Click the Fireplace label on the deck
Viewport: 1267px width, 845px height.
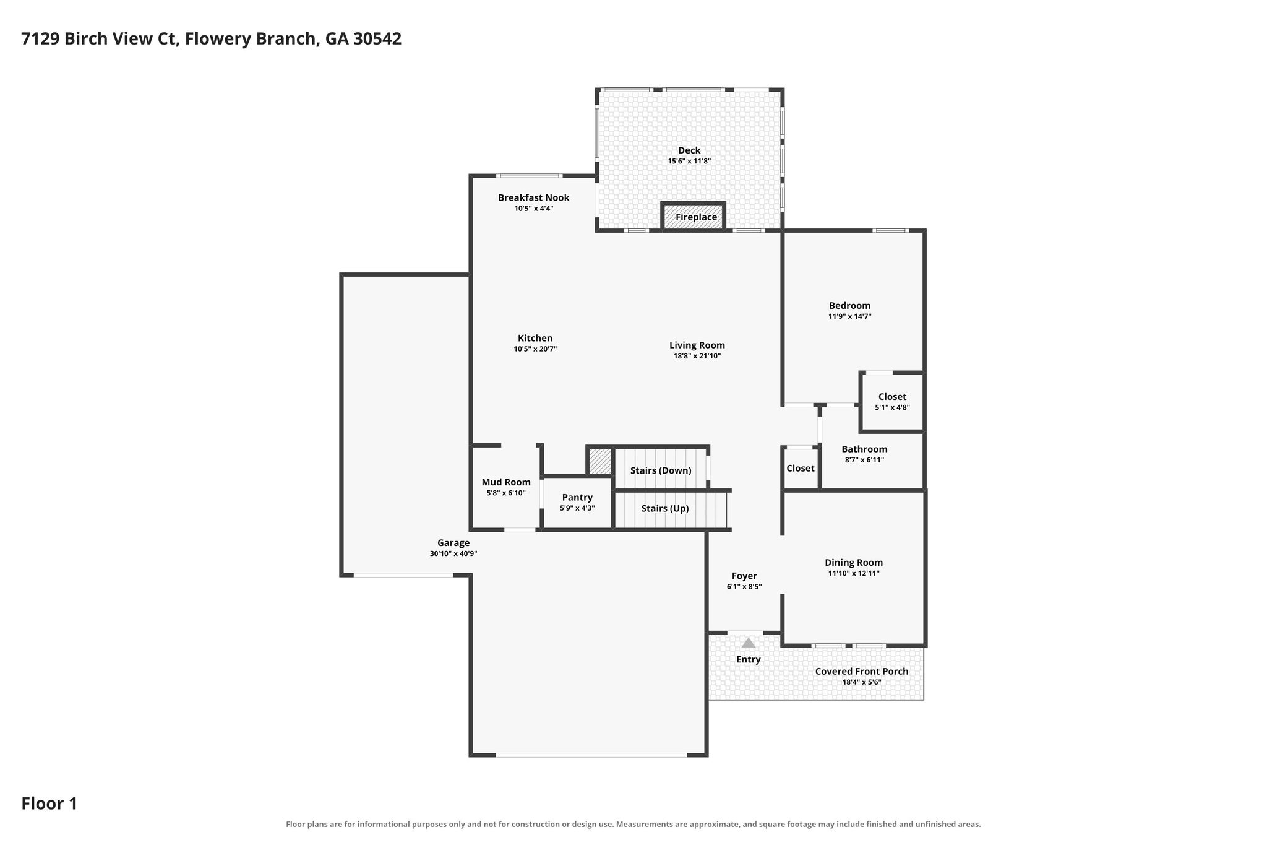point(696,217)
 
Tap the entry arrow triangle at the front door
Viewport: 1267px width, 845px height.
point(749,643)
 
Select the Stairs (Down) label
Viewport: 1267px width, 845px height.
point(661,470)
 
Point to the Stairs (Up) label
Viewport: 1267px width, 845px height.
point(665,509)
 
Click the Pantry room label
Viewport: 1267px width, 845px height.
point(577,498)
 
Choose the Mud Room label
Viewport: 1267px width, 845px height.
point(506,482)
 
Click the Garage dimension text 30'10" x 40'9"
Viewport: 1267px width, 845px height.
point(453,554)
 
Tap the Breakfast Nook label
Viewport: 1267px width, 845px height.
point(534,197)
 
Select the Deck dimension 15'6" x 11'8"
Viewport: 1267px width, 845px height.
point(689,162)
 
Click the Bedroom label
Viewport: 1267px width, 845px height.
point(850,305)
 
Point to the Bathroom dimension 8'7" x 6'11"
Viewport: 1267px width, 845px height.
point(864,460)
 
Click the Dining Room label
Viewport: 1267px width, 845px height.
point(854,563)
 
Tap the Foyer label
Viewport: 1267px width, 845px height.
point(744,576)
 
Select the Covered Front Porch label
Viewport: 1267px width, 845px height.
point(862,671)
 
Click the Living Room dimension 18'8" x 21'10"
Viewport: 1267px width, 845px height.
point(697,356)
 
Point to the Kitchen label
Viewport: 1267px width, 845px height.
point(535,338)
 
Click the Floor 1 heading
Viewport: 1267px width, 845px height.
point(49,804)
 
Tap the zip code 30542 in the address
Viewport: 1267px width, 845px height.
point(377,39)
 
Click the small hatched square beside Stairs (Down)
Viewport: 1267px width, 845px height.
point(599,461)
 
